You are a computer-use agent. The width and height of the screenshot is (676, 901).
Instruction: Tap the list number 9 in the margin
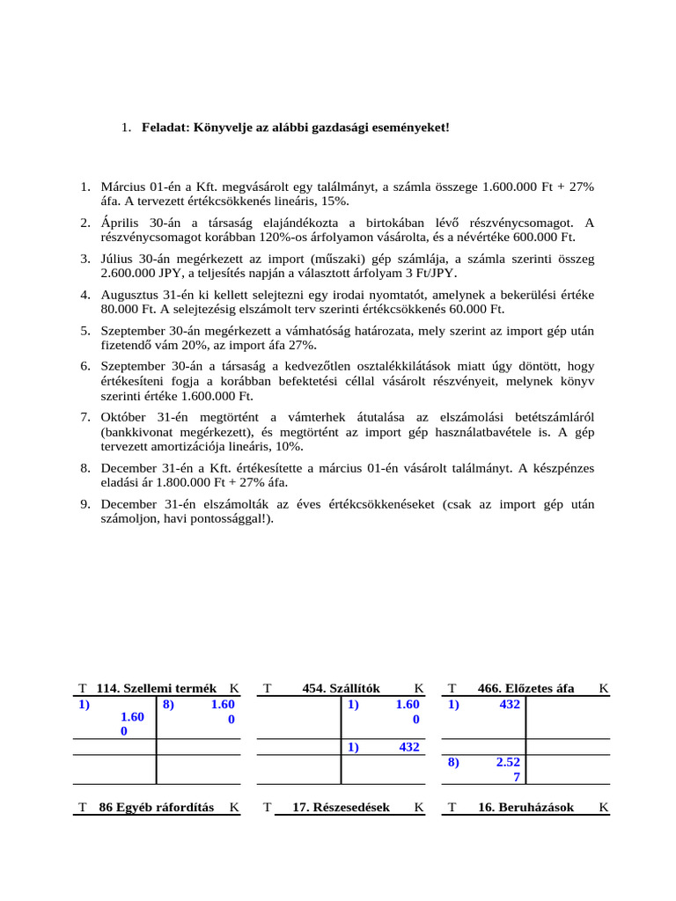[x=85, y=504]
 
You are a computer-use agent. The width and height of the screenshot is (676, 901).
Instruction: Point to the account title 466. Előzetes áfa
[x=525, y=688]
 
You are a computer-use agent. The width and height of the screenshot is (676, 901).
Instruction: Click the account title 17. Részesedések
[x=341, y=807]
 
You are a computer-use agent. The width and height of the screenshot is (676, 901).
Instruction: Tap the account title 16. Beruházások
[x=525, y=807]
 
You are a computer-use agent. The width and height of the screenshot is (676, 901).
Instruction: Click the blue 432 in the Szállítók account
[x=408, y=747]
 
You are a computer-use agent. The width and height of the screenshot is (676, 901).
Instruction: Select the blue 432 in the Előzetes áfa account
[x=509, y=705]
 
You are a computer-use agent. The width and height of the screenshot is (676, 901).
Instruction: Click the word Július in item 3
[x=120, y=259]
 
